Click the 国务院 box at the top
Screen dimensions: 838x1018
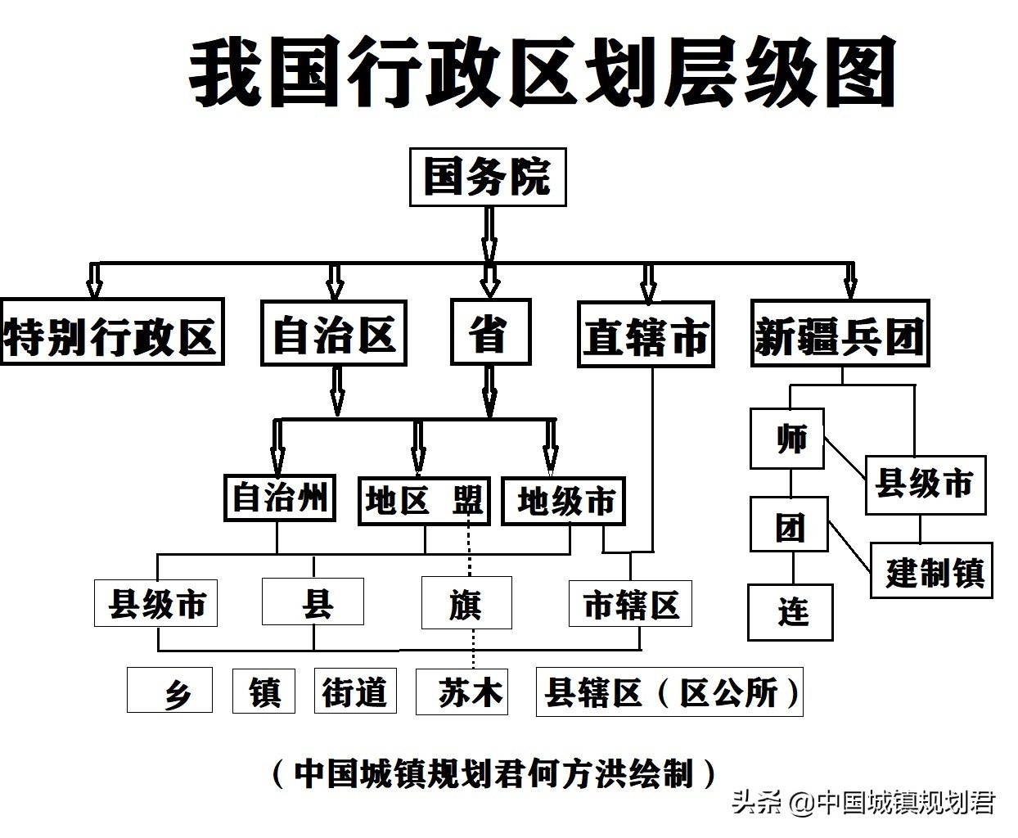click(x=488, y=177)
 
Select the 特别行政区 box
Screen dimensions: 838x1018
click(x=111, y=332)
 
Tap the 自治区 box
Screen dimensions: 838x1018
click(x=334, y=332)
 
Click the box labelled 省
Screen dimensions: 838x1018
click(x=490, y=332)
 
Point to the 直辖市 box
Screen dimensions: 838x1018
click(x=646, y=335)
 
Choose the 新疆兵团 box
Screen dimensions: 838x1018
click(x=840, y=334)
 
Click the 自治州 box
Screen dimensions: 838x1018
click(x=280, y=497)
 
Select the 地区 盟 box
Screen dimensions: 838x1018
click(x=424, y=500)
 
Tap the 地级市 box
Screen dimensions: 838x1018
click(x=564, y=500)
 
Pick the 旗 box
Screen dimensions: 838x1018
click(x=466, y=603)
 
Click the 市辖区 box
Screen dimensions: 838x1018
click(x=631, y=603)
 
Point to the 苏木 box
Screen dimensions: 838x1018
click(x=462, y=692)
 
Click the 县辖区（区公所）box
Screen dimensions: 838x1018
click(x=669, y=692)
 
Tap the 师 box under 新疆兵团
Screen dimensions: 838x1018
click(x=787, y=439)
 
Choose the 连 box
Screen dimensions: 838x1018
click(x=791, y=612)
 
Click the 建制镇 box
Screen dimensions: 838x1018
click(x=931, y=570)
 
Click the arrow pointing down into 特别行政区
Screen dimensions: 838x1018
click(x=94, y=280)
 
